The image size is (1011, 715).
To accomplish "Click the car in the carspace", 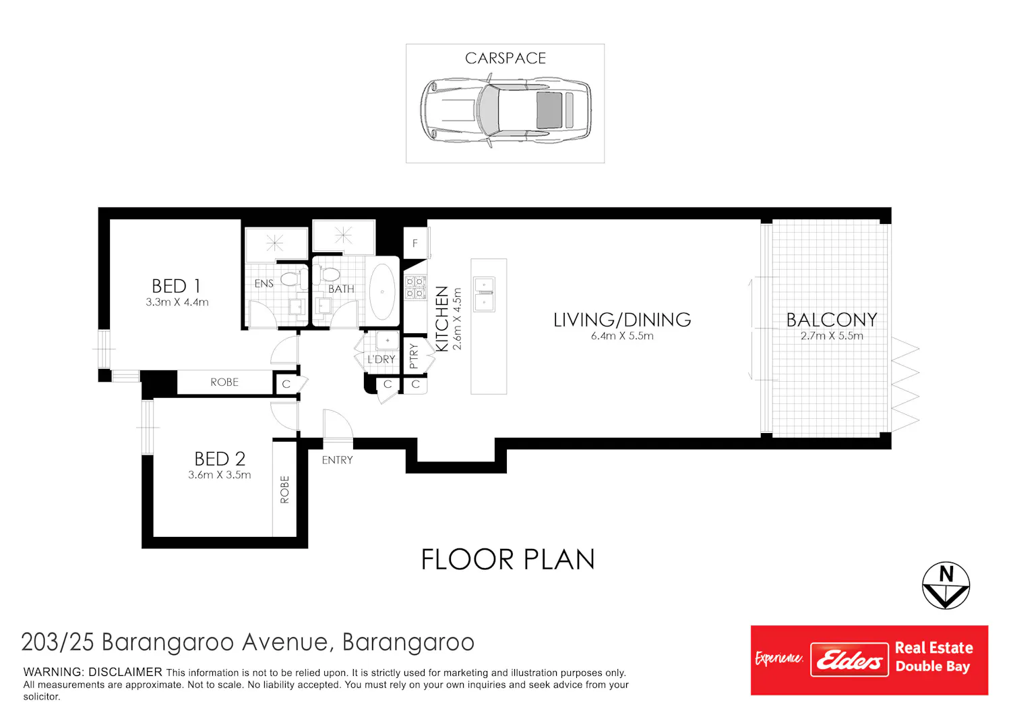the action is [506, 111].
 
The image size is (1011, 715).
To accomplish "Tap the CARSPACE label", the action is [506, 58].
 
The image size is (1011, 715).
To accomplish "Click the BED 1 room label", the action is [176, 286].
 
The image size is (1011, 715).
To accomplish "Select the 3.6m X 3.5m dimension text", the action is [219, 475].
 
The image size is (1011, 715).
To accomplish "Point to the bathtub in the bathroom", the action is [382, 292].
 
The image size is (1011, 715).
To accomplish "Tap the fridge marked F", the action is [415, 243].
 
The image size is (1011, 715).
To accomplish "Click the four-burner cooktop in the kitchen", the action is [415, 288].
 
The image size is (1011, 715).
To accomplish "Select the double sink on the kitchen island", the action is [484, 295].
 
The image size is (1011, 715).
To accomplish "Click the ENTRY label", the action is [337, 460].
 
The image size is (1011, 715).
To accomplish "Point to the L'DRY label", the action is [381, 359].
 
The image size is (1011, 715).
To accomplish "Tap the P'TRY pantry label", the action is [414, 356].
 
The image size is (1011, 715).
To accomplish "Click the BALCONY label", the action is [831, 320].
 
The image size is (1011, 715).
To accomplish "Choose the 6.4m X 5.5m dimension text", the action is [622, 336].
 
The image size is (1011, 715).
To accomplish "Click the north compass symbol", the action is [946, 585].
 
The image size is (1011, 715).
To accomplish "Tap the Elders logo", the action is [849, 660].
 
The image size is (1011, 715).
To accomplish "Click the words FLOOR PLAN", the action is [508, 559].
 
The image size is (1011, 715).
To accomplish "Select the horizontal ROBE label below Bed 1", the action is [224, 382].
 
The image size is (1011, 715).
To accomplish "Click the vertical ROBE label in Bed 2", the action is [284, 489].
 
